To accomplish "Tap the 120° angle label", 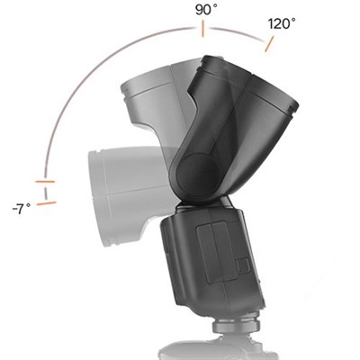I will [x=281, y=24].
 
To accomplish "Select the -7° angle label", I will [x=21, y=208].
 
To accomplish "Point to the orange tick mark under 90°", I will [x=203, y=30].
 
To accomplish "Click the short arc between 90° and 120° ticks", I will [x=236, y=32].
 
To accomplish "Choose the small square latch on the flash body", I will [x=240, y=266].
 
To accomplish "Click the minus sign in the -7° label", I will [x=13, y=208].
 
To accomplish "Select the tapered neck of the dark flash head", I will [x=202, y=126].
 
